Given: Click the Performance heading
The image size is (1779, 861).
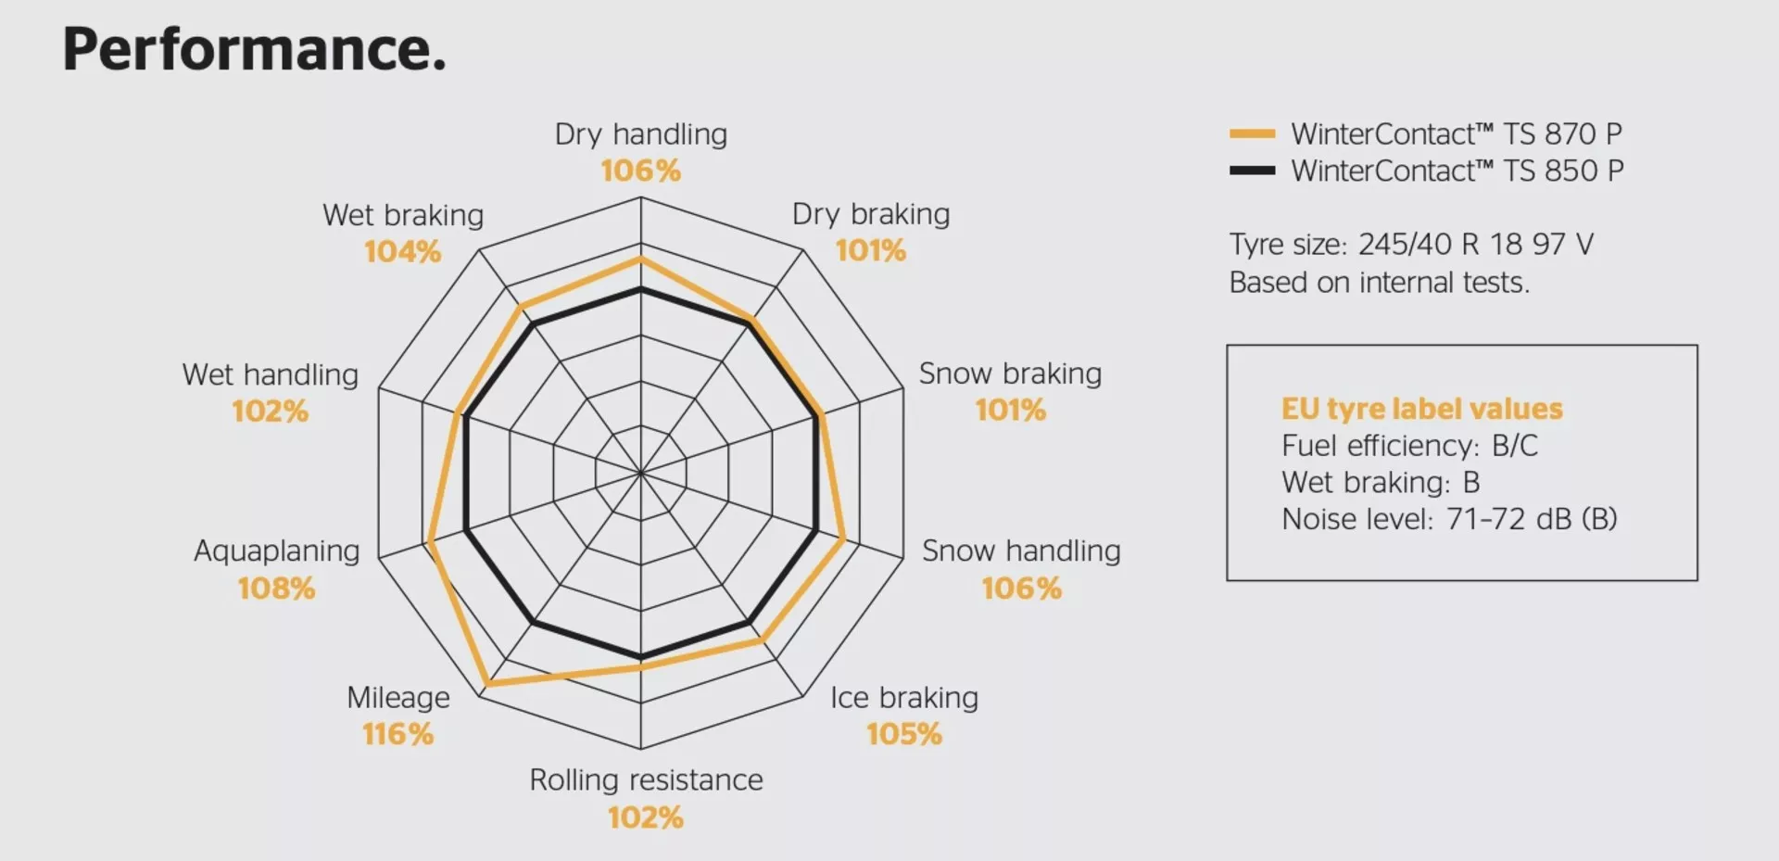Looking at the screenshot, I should [x=254, y=49].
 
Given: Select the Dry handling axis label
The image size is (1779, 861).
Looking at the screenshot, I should [x=640, y=134].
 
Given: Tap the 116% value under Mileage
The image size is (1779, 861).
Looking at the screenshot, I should [x=397, y=734].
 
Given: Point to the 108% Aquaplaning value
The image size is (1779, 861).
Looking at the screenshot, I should [x=276, y=588].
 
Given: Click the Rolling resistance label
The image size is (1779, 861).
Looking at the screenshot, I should [x=646, y=780].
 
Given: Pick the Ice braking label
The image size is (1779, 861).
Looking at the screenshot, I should [x=903, y=698].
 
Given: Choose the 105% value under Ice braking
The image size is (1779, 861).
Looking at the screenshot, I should [x=903, y=734].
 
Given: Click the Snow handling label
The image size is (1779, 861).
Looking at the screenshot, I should [x=1020, y=551].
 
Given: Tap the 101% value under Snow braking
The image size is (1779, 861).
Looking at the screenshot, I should [x=1010, y=410].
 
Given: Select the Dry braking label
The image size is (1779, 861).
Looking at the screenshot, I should [x=870, y=214].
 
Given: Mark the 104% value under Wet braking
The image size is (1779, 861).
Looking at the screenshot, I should [x=402, y=251].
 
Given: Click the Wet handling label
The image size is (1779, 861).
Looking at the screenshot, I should [x=270, y=374].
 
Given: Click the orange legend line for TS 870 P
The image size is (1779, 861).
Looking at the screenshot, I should [x=1252, y=133].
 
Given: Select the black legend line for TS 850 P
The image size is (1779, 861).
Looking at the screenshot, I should [x=1252, y=171].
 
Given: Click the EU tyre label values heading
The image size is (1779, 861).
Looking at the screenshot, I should [x=1421, y=409].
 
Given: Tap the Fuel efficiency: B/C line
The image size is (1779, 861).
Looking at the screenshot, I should [x=1408, y=446].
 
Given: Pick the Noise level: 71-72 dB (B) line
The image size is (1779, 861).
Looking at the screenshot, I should [x=1448, y=519].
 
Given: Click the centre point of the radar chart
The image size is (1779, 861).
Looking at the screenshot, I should [x=640, y=473].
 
